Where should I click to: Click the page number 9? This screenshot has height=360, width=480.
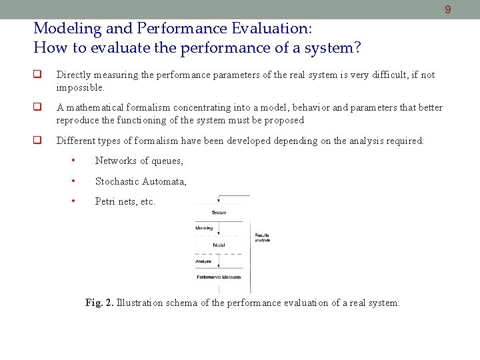coord(448,9)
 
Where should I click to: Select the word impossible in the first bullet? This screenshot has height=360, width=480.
coord(80,88)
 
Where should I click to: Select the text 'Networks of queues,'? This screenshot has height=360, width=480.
coord(139,161)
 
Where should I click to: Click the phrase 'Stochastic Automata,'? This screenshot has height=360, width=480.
coord(141,181)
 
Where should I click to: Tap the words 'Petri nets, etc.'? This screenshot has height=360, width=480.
coord(125,201)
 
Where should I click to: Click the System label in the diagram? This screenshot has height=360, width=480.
coord(219,213)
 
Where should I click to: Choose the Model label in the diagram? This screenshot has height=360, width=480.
coord(219,245)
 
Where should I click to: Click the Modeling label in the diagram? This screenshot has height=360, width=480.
coord(204,229)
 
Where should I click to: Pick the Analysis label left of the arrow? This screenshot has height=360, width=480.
coord(203,261)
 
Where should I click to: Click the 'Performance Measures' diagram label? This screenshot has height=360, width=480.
coord(219,277)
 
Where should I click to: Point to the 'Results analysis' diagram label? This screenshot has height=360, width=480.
coord(262,237)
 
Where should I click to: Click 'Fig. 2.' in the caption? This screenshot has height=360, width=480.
coord(99,303)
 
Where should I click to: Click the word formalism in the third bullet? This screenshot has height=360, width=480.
coord(139,141)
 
